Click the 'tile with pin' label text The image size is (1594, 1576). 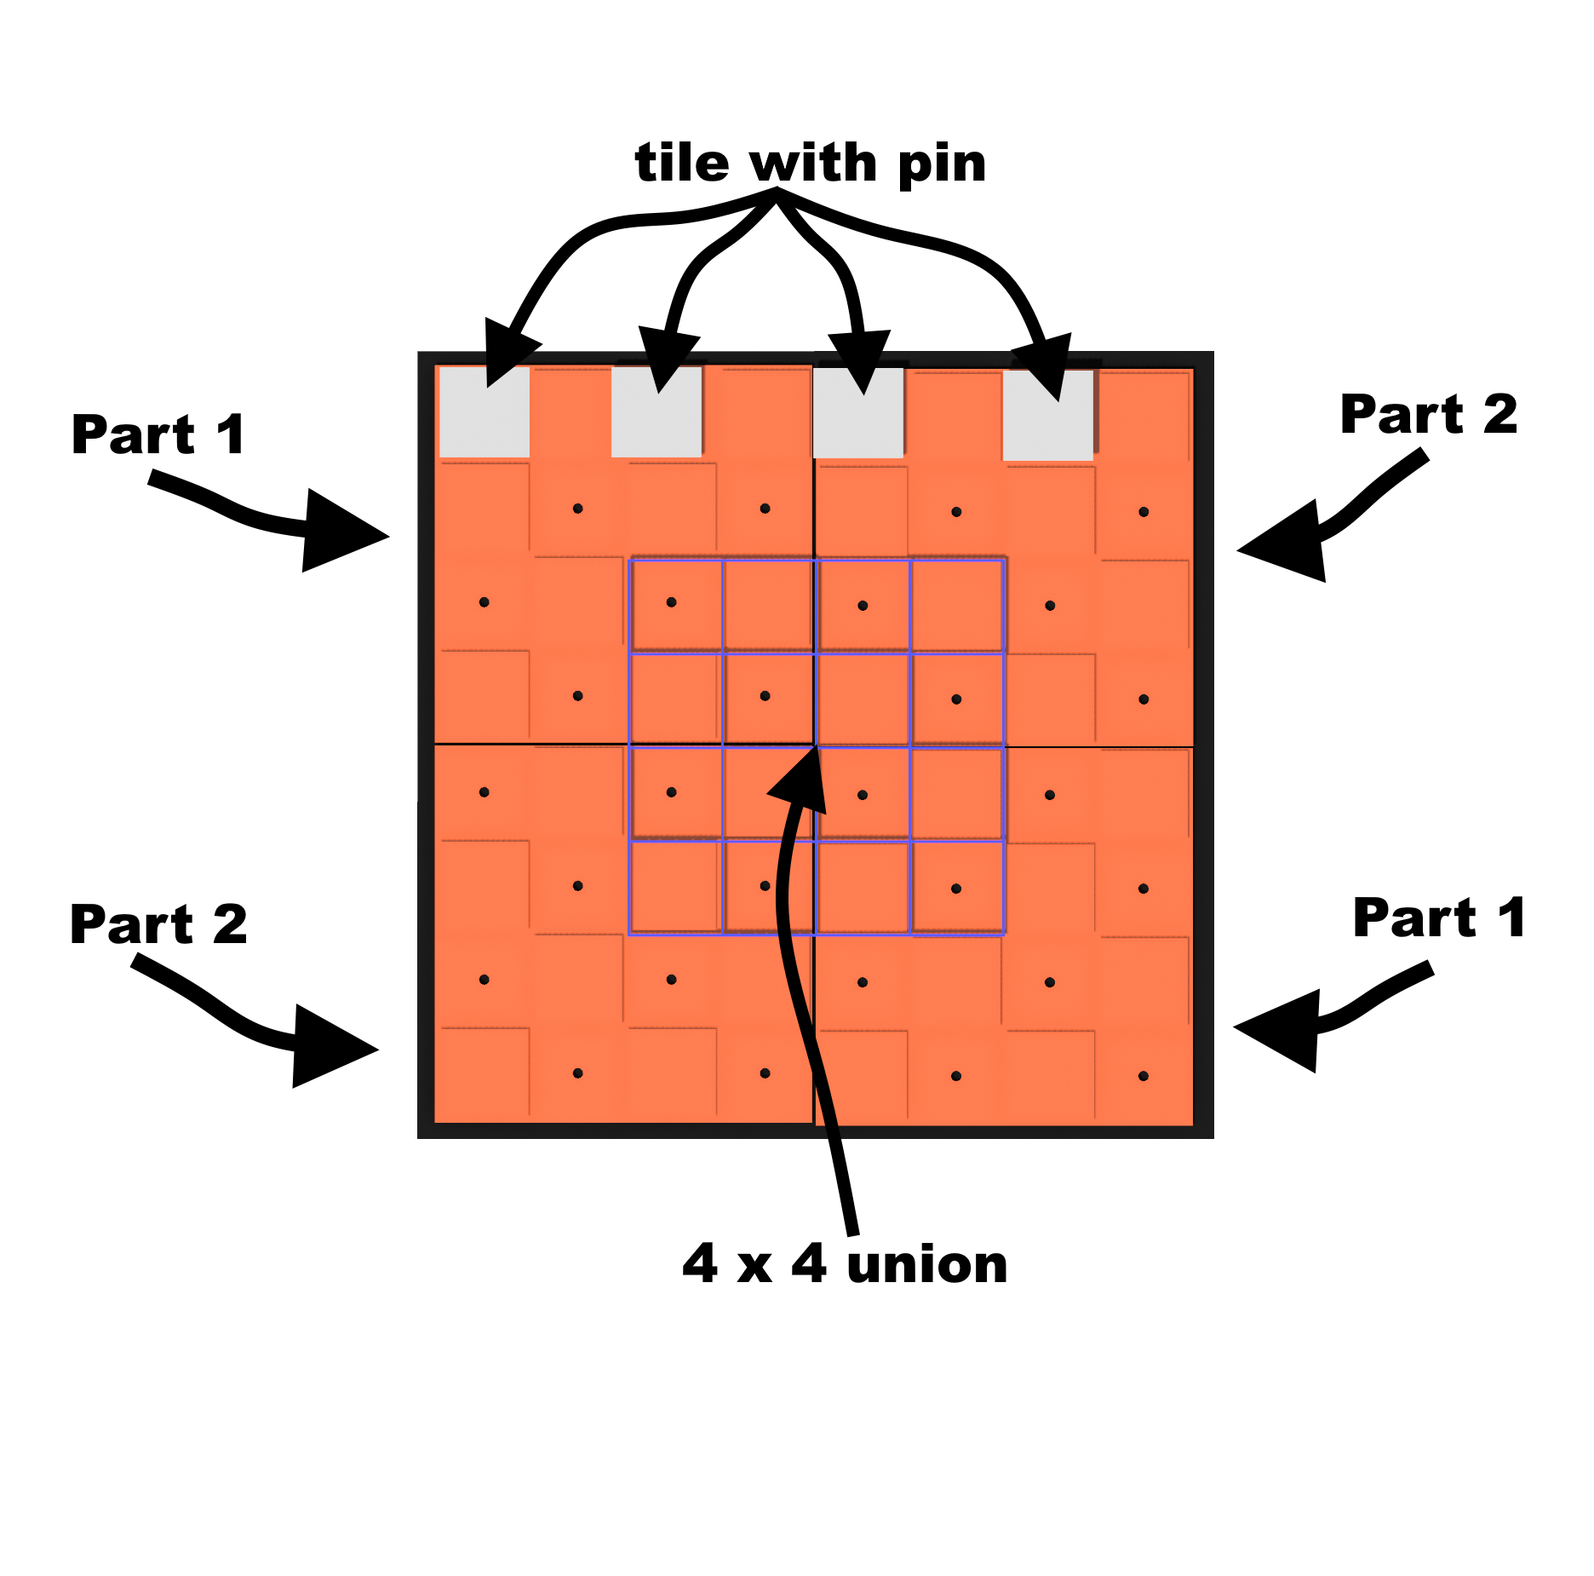click(x=810, y=163)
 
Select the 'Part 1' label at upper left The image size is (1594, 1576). click(x=158, y=434)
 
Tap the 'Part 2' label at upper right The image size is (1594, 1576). click(x=1428, y=415)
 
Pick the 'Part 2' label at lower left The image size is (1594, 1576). click(x=158, y=924)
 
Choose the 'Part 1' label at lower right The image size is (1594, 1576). click(x=1439, y=918)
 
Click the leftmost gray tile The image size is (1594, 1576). click(x=484, y=412)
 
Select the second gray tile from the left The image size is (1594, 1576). click(x=657, y=412)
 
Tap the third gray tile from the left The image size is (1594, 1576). click(x=858, y=414)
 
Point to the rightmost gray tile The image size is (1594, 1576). click(x=1047, y=416)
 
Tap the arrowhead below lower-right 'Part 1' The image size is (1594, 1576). click(x=1282, y=1030)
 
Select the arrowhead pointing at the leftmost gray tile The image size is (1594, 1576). click(x=506, y=354)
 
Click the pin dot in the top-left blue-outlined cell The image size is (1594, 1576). click(x=671, y=602)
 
